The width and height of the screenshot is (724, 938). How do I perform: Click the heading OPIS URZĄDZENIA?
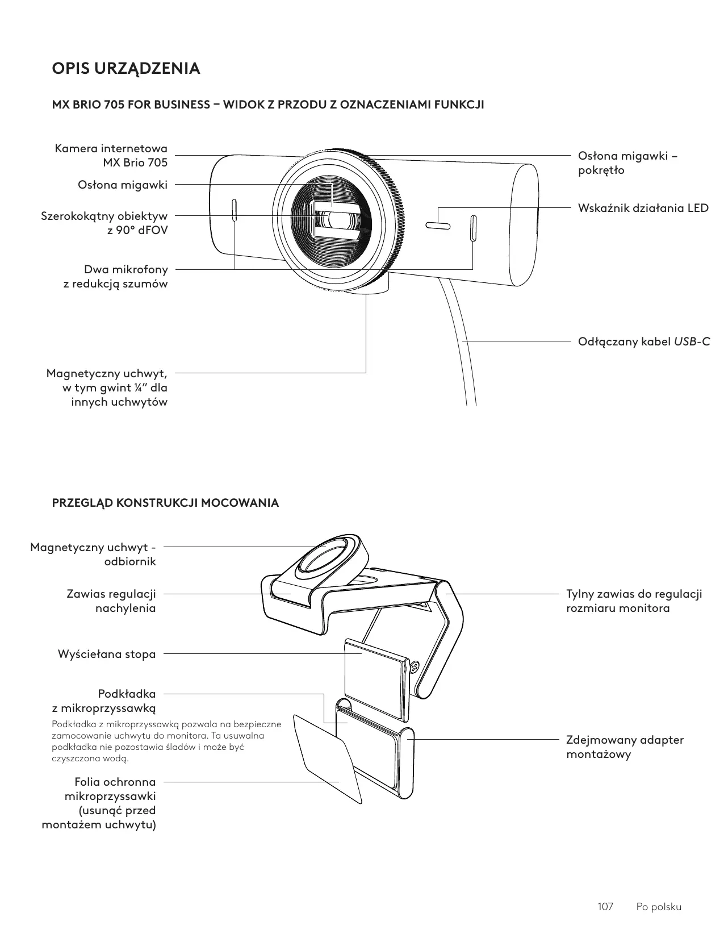pyautogui.click(x=126, y=69)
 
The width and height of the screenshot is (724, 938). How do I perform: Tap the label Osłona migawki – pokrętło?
pyautogui.click(x=627, y=163)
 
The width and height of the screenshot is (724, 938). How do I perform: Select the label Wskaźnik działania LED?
pyautogui.click(x=643, y=208)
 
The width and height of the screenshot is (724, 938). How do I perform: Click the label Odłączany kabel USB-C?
pyautogui.click(x=643, y=341)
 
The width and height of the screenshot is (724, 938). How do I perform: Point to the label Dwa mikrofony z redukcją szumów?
pyautogui.click(x=116, y=276)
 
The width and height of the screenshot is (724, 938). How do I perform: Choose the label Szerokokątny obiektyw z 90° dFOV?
pyautogui.click(x=104, y=223)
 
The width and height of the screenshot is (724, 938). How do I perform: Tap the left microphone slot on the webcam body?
pyautogui.click(x=235, y=211)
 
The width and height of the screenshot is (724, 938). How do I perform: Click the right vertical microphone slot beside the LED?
pyautogui.click(x=472, y=228)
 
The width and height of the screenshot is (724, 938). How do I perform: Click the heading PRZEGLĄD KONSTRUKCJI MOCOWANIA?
pyautogui.click(x=165, y=503)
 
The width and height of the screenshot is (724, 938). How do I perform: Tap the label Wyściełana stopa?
pyautogui.click(x=107, y=654)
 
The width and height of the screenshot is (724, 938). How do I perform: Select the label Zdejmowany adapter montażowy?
pyautogui.click(x=625, y=747)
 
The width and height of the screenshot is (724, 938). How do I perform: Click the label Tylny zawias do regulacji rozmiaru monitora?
pyautogui.click(x=634, y=601)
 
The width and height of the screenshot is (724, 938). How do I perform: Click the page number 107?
pyautogui.click(x=606, y=907)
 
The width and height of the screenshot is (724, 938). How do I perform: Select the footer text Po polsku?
pyautogui.click(x=659, y=907)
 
